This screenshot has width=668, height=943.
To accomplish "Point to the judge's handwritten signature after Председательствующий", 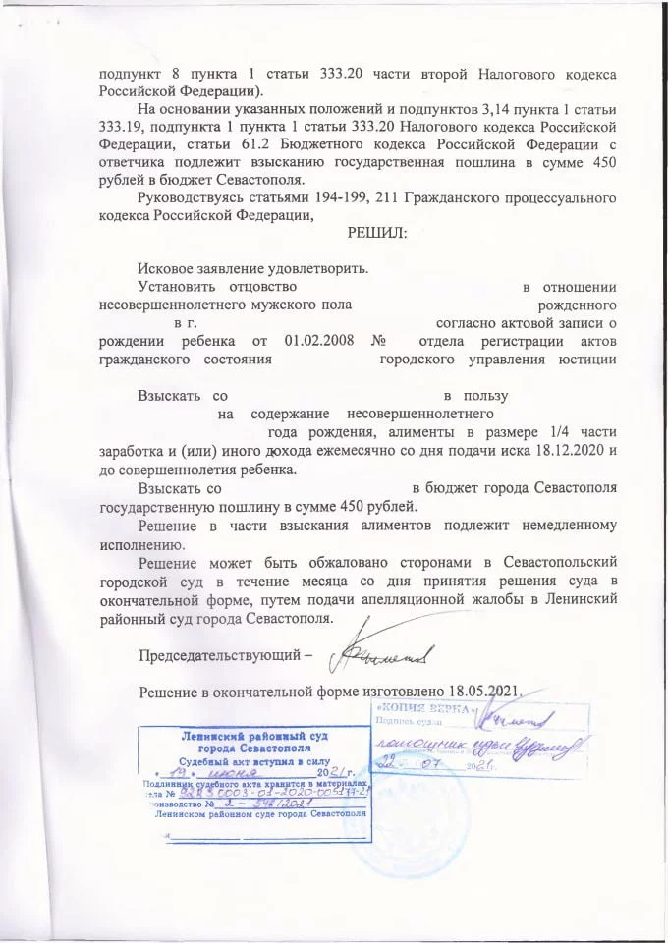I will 378,649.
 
